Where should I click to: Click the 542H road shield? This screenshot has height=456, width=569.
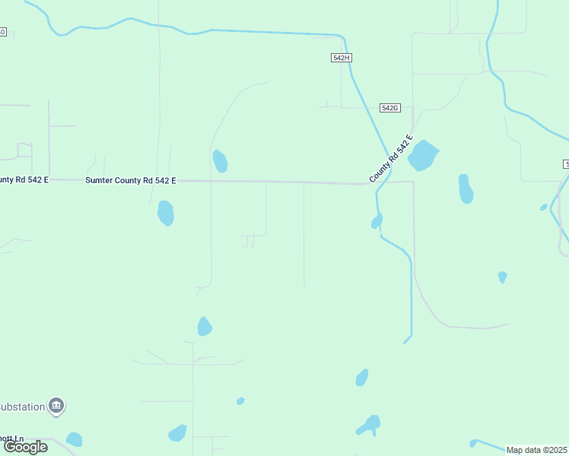tap(342, 58)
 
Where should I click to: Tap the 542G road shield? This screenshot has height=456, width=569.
tap(389, 108)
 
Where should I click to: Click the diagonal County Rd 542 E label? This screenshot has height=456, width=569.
tap(391, 159)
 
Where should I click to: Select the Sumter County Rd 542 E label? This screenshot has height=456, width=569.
tap(131, 180)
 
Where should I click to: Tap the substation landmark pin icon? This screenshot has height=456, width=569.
tap(56, 407)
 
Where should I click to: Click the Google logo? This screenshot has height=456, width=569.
tap(25, 447)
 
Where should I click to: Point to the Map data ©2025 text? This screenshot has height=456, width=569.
tap(536, 450)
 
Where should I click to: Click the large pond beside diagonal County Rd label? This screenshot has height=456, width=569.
tap(423, 155)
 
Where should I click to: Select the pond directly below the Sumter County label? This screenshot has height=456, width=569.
tap(165, 213)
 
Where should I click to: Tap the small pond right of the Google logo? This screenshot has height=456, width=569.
tap(74, 439)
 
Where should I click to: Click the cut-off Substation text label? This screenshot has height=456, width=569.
tap(22, 407)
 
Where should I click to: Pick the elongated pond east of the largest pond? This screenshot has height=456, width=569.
tap(466, 189)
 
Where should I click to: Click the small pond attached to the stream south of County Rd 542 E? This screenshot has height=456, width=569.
tap(377, 221)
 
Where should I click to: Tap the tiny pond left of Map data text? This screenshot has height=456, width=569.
tap(473, 442)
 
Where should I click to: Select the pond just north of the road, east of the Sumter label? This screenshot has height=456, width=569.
tap(220, 161)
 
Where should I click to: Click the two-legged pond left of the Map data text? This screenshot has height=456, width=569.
tap(370, 425)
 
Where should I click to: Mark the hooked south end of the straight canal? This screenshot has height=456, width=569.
tap(407, 339)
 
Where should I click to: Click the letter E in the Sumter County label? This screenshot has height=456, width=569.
tap(173, 180)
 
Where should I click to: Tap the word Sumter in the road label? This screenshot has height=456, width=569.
tap(97, 180)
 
